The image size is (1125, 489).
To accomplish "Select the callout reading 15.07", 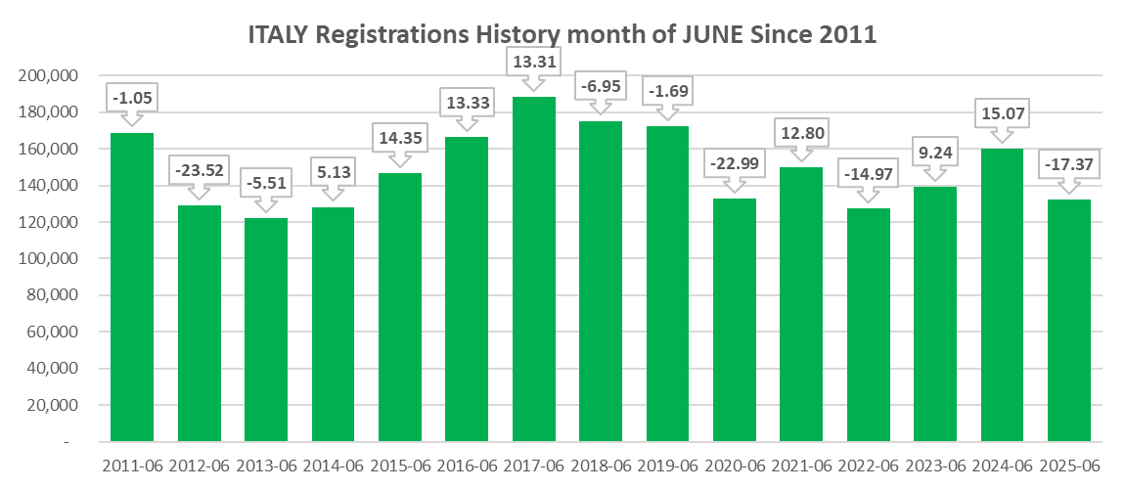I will pos(1002,113).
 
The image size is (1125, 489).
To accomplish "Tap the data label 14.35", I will pos(399,138).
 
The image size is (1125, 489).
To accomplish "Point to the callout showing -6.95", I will pos(601,87).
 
